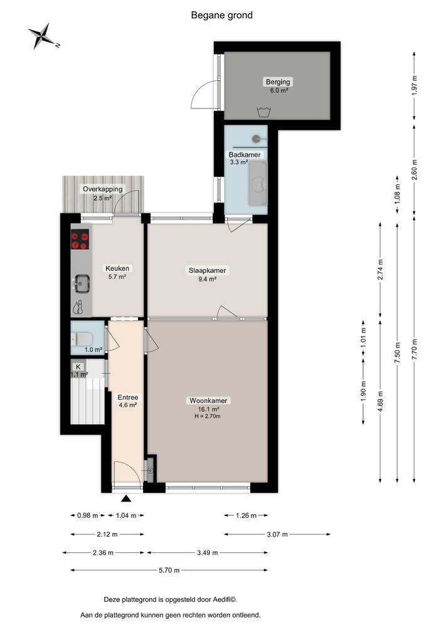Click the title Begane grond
pos(221,16)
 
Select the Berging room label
pos(278,82)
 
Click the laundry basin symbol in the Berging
pos(263,112)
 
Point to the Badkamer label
pos(245,155)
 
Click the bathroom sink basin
pos(258,184)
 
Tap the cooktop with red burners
pos(80,240)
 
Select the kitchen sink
pos(81,283)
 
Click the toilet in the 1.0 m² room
pos(82,339)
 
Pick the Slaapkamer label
pos(207,270)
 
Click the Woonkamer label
pos(208,401)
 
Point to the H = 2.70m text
pos(208,416)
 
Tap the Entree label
pos(128,398)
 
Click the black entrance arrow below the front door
pos(127,498)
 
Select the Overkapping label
pos(103,189)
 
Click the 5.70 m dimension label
pos(169,570)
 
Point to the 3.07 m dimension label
pos(277,534)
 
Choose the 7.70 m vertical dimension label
pos(415,350)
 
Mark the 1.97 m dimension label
pos(415,85)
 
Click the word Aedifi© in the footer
pos(226,599)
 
